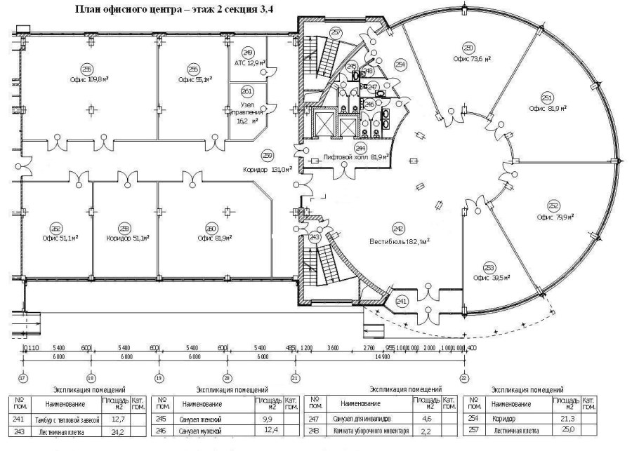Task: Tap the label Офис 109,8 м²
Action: (88, 79)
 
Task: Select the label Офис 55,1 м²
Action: (193, 79)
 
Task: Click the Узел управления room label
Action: (247, 111)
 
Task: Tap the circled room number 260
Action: (211, 228)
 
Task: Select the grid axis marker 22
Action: (463, 377)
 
